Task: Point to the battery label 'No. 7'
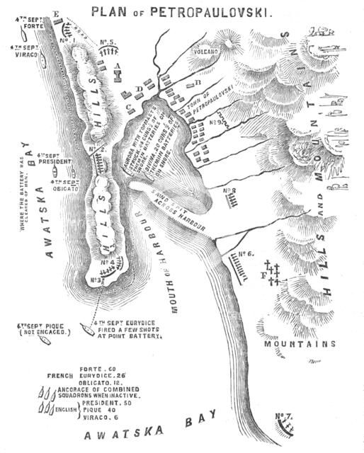283,415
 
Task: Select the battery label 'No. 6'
246,253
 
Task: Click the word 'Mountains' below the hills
300,345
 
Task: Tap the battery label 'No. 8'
228,191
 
